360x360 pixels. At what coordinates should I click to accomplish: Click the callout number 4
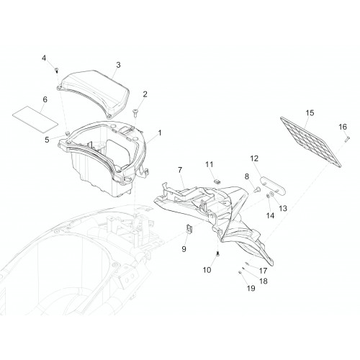pos(44,58)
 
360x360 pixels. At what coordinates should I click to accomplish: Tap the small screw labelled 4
pos(57,70)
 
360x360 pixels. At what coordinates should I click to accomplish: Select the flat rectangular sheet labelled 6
pos(35,120)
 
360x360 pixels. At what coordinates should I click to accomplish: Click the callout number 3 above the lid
pos(118,65)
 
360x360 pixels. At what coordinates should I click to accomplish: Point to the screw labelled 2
pos(135,113)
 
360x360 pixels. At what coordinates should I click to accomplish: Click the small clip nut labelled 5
pos(68,132)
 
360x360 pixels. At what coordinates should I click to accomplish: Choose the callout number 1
pos(160,132)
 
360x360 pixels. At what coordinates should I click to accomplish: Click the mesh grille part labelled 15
pos(311,142)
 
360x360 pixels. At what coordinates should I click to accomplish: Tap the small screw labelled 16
pos(347,139)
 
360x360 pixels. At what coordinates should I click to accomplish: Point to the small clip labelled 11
pos(217,181)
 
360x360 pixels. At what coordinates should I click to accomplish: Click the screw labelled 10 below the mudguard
pos(217,253)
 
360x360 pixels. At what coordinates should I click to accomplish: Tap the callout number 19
pos(251,288)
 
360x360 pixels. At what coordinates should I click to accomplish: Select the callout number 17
pos(264,271)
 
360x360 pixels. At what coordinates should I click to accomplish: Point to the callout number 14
pos(270,215)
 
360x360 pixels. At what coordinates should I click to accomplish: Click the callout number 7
pos(180,170)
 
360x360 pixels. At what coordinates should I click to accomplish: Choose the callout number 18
pos(264,281)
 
